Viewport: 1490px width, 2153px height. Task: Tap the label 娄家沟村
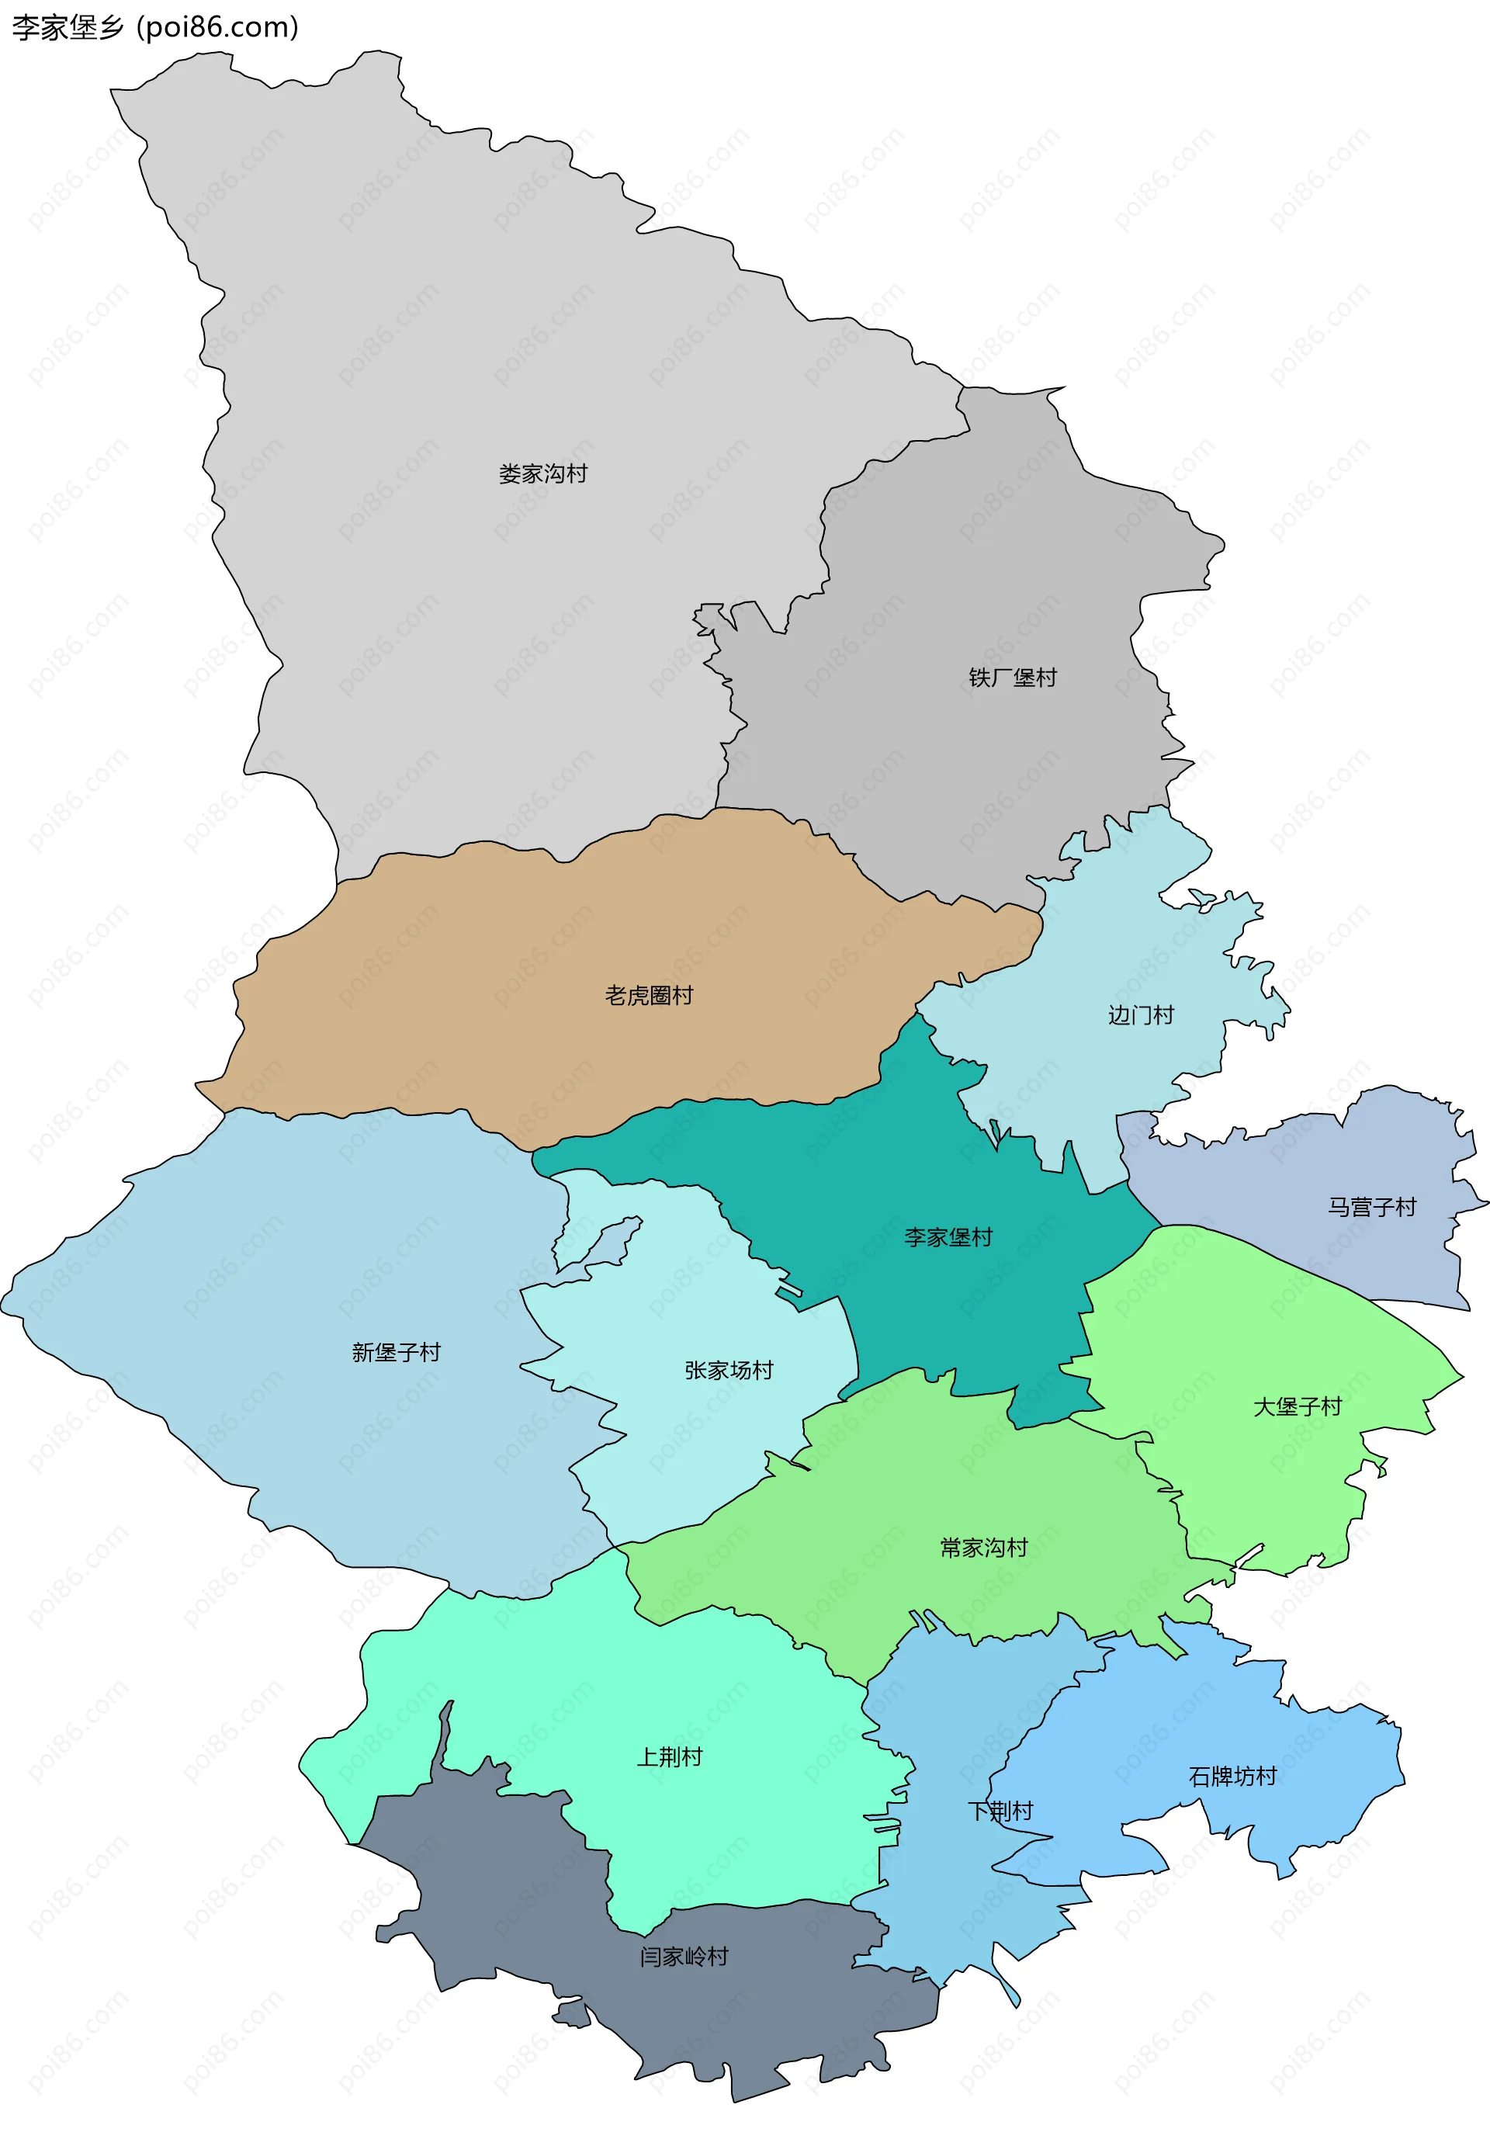click(542, 474)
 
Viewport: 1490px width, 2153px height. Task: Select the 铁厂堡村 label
click(1012, 678)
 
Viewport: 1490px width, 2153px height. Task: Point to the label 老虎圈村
click(649, 995)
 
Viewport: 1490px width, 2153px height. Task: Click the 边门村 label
click(1140, 1015)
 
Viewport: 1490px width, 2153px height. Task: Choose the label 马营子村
click(1371, 1207)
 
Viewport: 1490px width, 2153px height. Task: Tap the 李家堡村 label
click(948, 1237)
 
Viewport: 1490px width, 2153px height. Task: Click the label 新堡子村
click(396, 1352)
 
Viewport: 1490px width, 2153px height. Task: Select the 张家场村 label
click(729, 1370)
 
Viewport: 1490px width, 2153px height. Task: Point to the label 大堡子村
click(1297, 1406)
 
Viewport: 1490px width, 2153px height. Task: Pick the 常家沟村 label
click(983, 1548)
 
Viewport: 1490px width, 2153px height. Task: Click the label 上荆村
click(670, 1756)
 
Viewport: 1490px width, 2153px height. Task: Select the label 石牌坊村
click(1232, 1776)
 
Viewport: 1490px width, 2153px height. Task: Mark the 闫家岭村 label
click(684, 1956)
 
